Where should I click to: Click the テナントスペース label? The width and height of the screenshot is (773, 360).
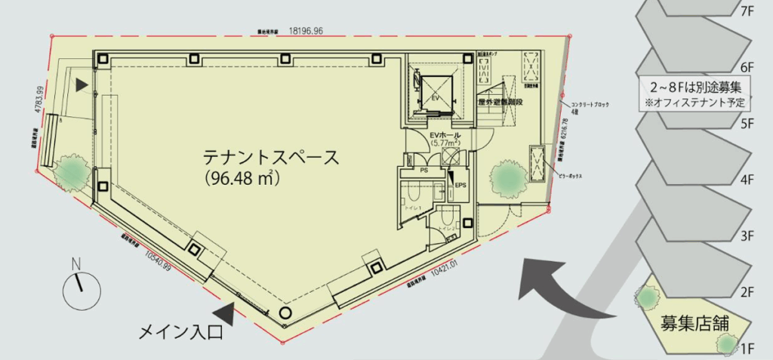tap(270, 158)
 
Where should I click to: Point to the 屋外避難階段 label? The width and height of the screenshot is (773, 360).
tap(500, 101)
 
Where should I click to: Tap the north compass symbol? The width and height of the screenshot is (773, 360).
tap(81, 288)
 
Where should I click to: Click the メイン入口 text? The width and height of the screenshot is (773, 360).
tap(177, 331)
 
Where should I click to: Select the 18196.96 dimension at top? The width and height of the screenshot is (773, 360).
tap(300, 31)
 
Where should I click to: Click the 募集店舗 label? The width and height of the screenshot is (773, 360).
tap(694, 324)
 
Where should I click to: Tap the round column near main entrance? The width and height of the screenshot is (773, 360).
tap(285, 312)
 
